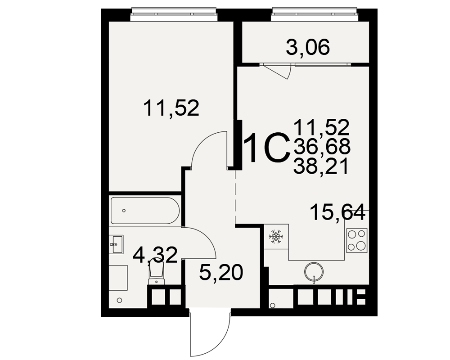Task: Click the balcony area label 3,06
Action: click(x=308, y=47)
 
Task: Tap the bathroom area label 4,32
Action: click(x=155, y=255)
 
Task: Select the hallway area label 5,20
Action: click(x=221, y=272)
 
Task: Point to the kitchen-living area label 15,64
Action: click(x=338, y=212)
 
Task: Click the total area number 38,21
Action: click(x=321, y=166)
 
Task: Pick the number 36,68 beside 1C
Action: click(x=322, y=146)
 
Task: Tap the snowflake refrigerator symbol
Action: click(x=276, y=237)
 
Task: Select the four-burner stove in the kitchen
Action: click(x=357, y=240)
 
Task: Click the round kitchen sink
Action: click(x=314, y=271)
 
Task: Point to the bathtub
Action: click(x=145, y=211)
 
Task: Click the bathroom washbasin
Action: click(x=117, y=244)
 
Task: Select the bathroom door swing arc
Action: click(x=206, y=235)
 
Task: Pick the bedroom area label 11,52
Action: click(x=171, y=108)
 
